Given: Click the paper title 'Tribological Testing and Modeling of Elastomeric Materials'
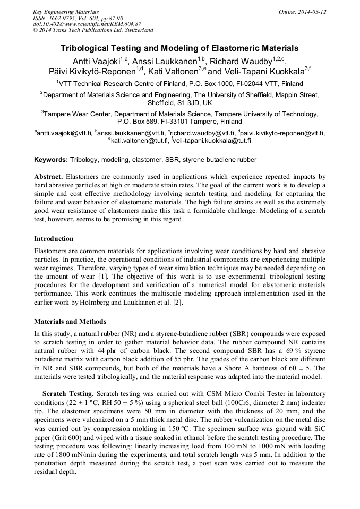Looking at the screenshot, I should coord(179,48).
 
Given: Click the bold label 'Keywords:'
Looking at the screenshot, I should coord(51,160).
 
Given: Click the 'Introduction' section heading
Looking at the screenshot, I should coord(54,239).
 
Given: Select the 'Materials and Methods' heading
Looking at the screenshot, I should coord(70,321).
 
